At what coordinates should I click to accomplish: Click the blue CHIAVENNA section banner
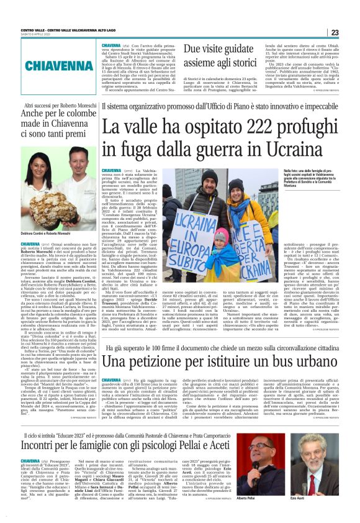pos(52,65)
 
